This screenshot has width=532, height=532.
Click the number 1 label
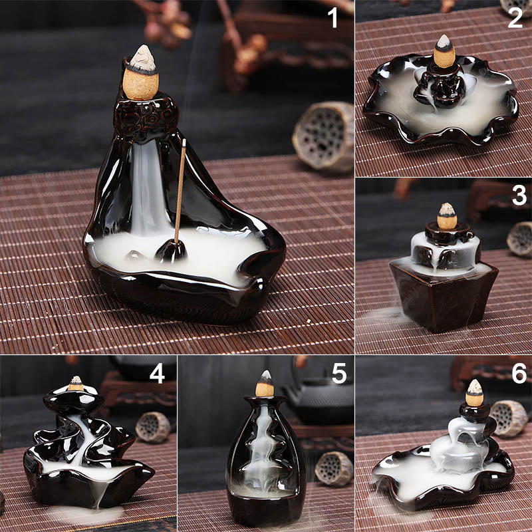[x=334, y=18]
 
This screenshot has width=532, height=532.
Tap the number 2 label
[x=515, y=18]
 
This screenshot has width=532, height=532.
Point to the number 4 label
[x=157, y=374]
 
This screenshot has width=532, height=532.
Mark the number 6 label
[x=519, y=374]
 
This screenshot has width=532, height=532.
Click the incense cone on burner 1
[x=141, y=73]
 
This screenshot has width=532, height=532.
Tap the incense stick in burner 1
[x=180, y=191]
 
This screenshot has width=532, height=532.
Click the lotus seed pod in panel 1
[x=323, y=136]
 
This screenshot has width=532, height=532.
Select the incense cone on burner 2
[x=444, y=51]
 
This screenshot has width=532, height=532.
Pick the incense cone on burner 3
[x=446, y=216]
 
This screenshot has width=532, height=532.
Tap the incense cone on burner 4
[x=76, y=384]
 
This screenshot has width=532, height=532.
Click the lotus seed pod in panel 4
[x=153, y=427]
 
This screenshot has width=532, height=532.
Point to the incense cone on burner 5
[x=265, y=384]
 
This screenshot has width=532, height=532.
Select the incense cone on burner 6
[x=474, y=393]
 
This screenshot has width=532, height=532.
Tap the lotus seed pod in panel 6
[x=508, y=418]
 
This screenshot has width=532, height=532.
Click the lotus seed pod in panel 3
[x=520, y=239]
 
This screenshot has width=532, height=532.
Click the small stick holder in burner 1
[x=171, y=251]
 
